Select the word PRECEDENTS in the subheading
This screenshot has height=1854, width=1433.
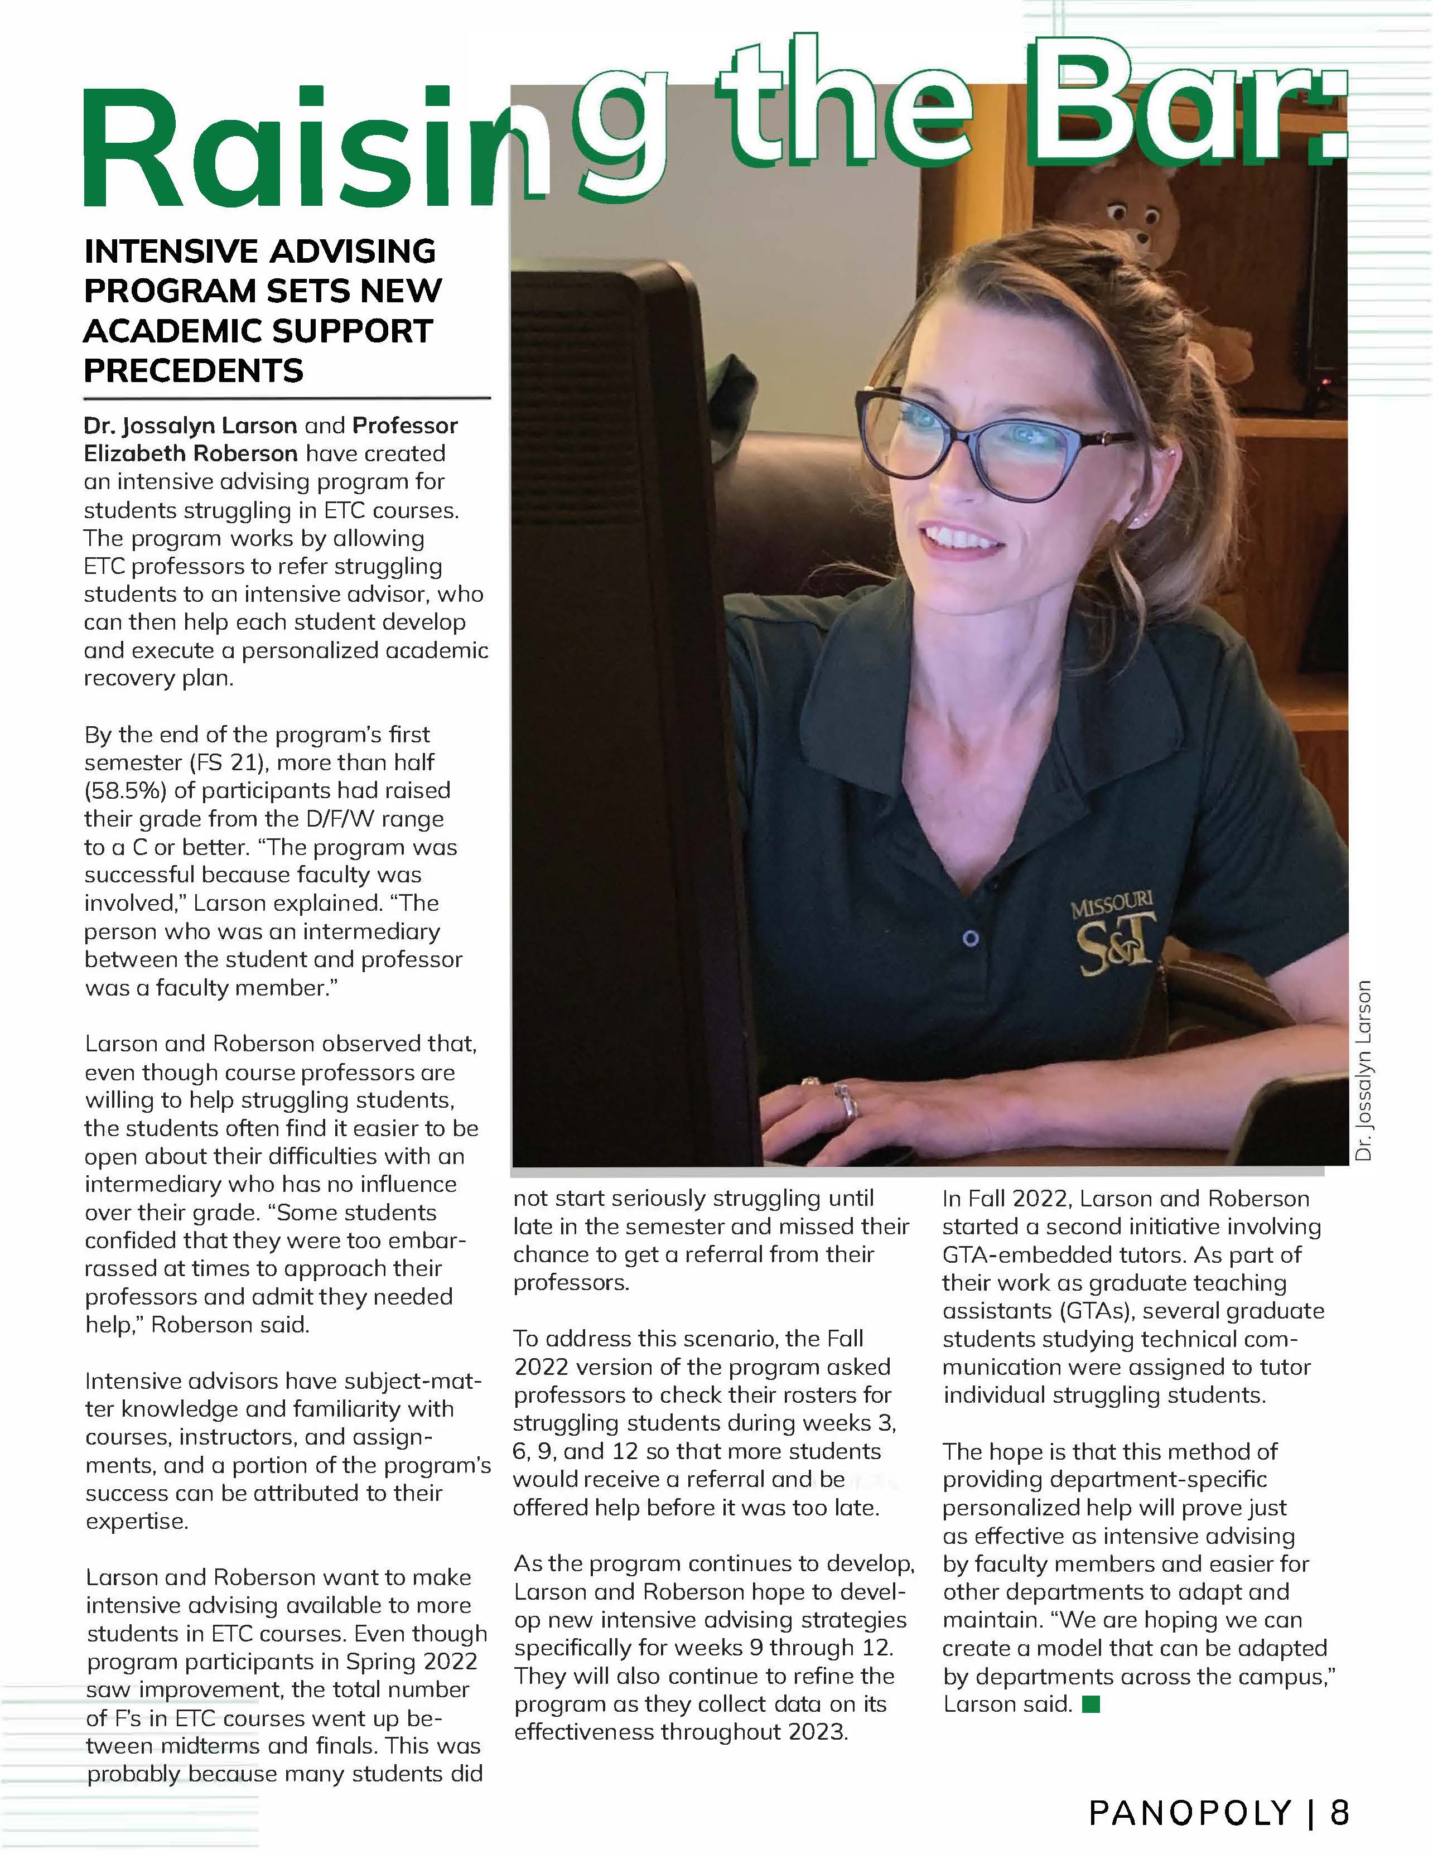point(194,371)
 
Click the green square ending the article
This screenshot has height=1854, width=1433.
point(1092,1704)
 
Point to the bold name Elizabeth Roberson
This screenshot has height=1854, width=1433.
point(190,453)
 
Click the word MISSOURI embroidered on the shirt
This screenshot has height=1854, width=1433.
point(1112,905)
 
